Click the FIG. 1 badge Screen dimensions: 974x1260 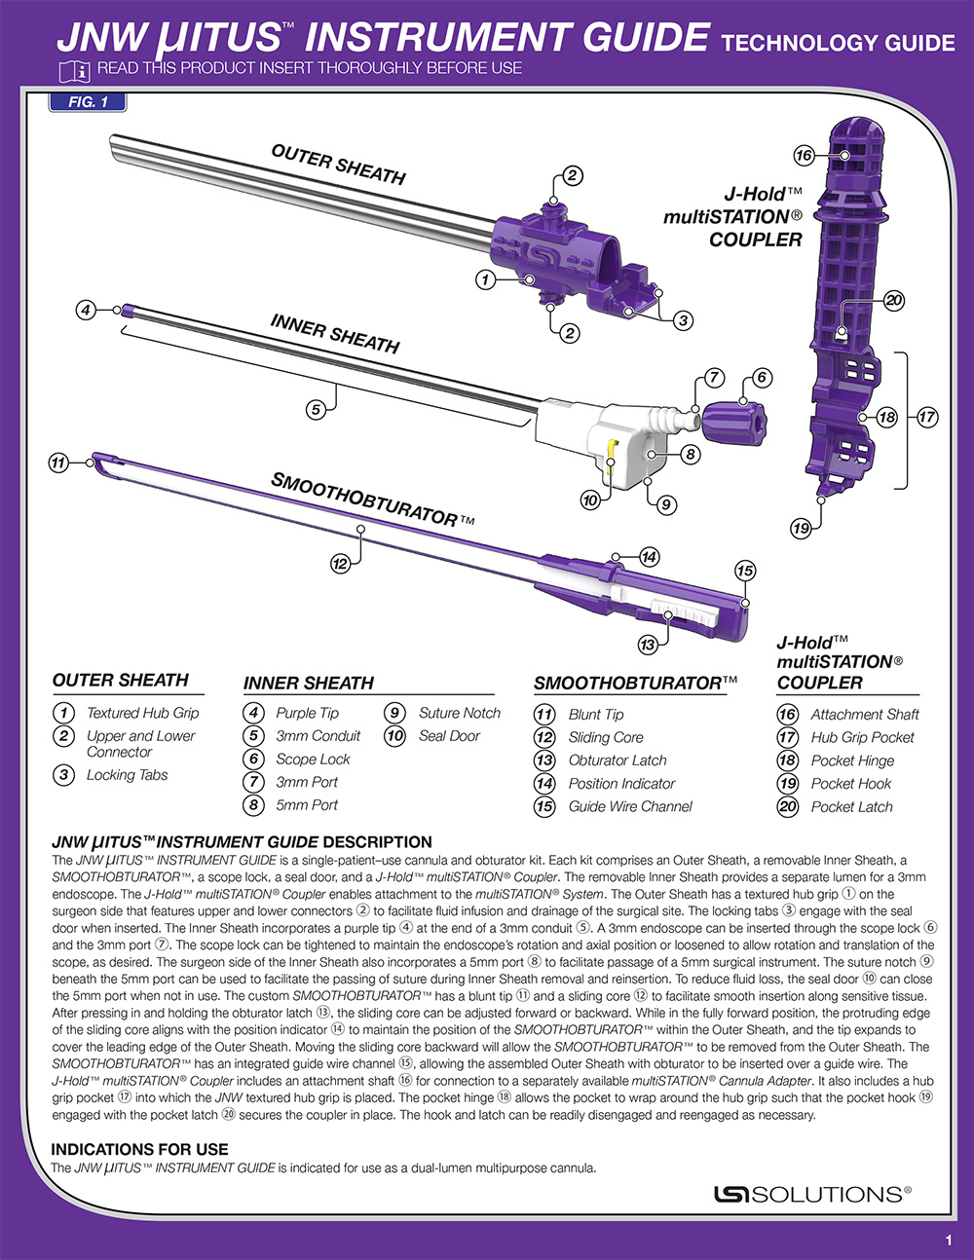click(87, 102)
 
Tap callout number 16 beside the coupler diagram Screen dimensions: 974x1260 click(805, 156)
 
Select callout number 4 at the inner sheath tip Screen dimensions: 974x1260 click(86, 310)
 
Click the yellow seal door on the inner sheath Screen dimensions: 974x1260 click(611, 455)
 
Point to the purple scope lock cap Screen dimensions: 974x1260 click(734, 424)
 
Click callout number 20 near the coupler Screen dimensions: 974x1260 click(894, 300)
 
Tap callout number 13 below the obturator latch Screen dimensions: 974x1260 click(648, 645)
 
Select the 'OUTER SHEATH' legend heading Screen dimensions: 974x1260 click(121, 680)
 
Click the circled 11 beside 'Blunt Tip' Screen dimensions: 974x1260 click(543, 715)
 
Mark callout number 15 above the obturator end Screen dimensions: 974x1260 click(745, 572)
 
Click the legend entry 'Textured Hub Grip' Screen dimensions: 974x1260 click(142, 713)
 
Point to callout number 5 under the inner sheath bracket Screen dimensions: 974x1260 click(316, 410)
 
